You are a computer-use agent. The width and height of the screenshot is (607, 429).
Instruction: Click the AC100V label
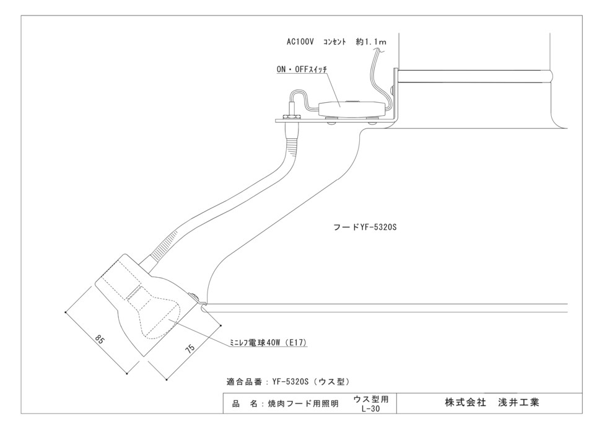coord(300,42)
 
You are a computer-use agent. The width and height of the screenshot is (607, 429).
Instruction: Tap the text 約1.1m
coord(371,42)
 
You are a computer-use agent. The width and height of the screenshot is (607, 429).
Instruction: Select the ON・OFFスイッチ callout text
coord(302,69)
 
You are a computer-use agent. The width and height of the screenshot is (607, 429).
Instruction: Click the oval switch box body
coord(352,108)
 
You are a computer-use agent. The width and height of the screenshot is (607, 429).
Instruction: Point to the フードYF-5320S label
coord(365,227)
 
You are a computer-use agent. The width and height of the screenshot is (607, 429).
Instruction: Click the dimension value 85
coord(100,340)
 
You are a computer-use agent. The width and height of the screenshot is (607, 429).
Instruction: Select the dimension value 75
coord(190,348)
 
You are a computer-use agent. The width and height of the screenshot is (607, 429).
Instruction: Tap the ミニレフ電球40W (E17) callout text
coord(268,343)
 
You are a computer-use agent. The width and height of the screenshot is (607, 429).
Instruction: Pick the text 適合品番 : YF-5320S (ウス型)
coord(288,382)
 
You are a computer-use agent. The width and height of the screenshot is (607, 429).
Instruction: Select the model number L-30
coord(370,409)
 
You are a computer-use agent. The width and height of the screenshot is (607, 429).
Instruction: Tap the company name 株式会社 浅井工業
coord(492,402)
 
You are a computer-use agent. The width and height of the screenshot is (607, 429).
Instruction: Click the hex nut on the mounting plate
coord(289,117)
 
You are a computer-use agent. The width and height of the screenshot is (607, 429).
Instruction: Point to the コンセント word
coord(334,42)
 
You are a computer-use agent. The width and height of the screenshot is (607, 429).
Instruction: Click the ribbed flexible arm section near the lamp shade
coord(163,247)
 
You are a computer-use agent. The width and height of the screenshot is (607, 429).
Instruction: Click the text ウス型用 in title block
coord(370,399)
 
